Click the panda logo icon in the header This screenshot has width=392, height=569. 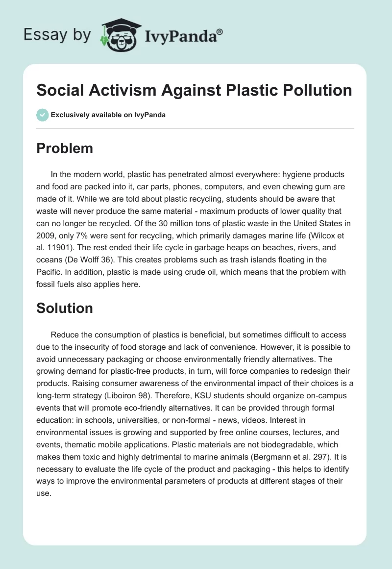pos(120,35)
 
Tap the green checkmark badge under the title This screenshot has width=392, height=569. pos(43,115)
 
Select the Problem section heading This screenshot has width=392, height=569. pos(65,148)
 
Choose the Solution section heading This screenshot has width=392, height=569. pos(65,308)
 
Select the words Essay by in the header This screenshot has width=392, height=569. pos(57,35)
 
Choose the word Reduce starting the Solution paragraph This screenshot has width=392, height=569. pos(64,335)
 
